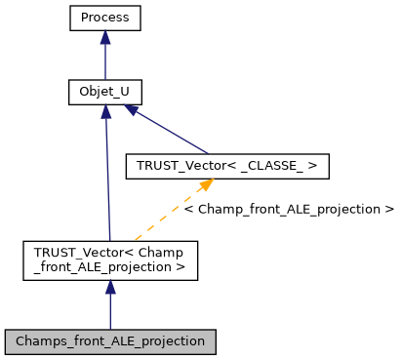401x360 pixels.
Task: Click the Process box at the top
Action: point(105,19)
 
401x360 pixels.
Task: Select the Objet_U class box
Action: point(105,93)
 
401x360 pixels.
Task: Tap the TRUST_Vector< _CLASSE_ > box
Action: point(227,167)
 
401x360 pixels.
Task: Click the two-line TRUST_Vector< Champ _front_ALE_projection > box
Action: point(110,260)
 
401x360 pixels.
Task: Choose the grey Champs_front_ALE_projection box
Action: point(110,341)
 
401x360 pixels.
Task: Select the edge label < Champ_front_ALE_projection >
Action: point(290,209)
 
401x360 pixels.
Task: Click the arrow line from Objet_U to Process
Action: point(105,63)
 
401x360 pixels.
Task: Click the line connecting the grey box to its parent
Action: point(110,312)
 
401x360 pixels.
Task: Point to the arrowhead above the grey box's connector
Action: point(110,289)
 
